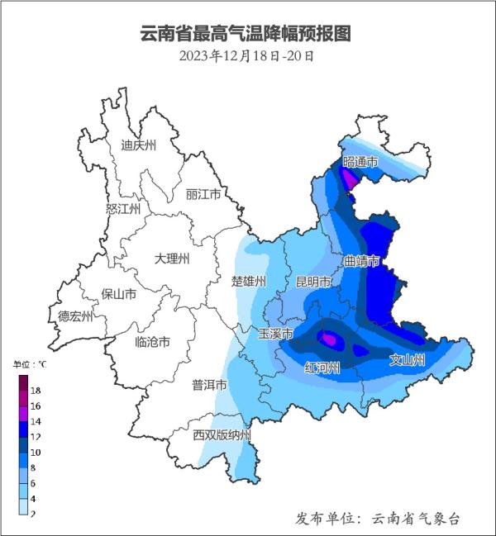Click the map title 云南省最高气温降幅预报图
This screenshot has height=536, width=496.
[246, 34]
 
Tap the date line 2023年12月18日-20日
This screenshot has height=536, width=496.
[246, 56]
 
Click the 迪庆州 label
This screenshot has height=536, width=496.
[138, 145]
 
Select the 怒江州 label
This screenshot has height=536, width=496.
[124, 209]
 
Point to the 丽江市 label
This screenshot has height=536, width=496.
[203, 195]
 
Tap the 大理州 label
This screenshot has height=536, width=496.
[172, 259]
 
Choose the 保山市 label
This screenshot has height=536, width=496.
[118, 293]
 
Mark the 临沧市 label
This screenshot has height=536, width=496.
[152, 341]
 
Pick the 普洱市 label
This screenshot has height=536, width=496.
[209, 385]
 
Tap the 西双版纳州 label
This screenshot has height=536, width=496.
[221, 435]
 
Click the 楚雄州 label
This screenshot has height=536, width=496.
[249, 281]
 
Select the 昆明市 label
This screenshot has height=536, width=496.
[314, 282]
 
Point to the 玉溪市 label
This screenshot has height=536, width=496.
[276, 334]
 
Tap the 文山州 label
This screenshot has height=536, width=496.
[408, 360]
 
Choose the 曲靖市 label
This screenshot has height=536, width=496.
[361, 261]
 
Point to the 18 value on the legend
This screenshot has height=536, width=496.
[36, 390]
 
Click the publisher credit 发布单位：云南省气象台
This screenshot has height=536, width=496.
[378, 518]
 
